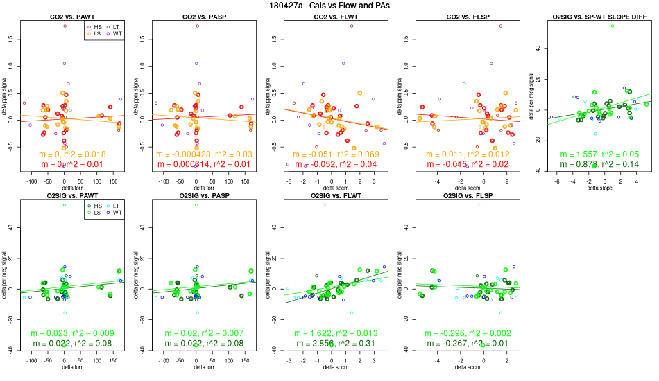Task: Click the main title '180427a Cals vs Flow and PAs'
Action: point(329,6)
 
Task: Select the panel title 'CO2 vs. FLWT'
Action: point(329,15)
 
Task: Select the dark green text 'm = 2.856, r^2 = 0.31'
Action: point(329,344)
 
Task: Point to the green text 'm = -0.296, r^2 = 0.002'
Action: point(461,334)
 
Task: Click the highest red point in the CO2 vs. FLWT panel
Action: point(352,26)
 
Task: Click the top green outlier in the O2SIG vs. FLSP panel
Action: point(480,205)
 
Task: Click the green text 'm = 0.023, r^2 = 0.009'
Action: point(65,334)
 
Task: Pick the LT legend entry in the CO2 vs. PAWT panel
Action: point(116,26)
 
